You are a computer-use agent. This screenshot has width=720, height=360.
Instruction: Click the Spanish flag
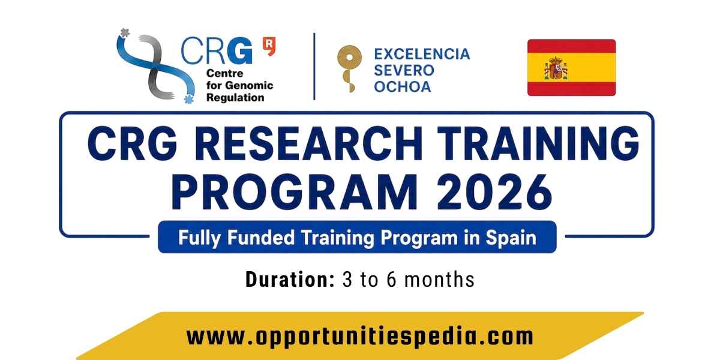[x=571, y=67]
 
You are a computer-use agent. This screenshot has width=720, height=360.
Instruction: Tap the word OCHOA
[x=403, y=87]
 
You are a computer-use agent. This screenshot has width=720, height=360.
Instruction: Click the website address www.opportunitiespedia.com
[x=359, y=337]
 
